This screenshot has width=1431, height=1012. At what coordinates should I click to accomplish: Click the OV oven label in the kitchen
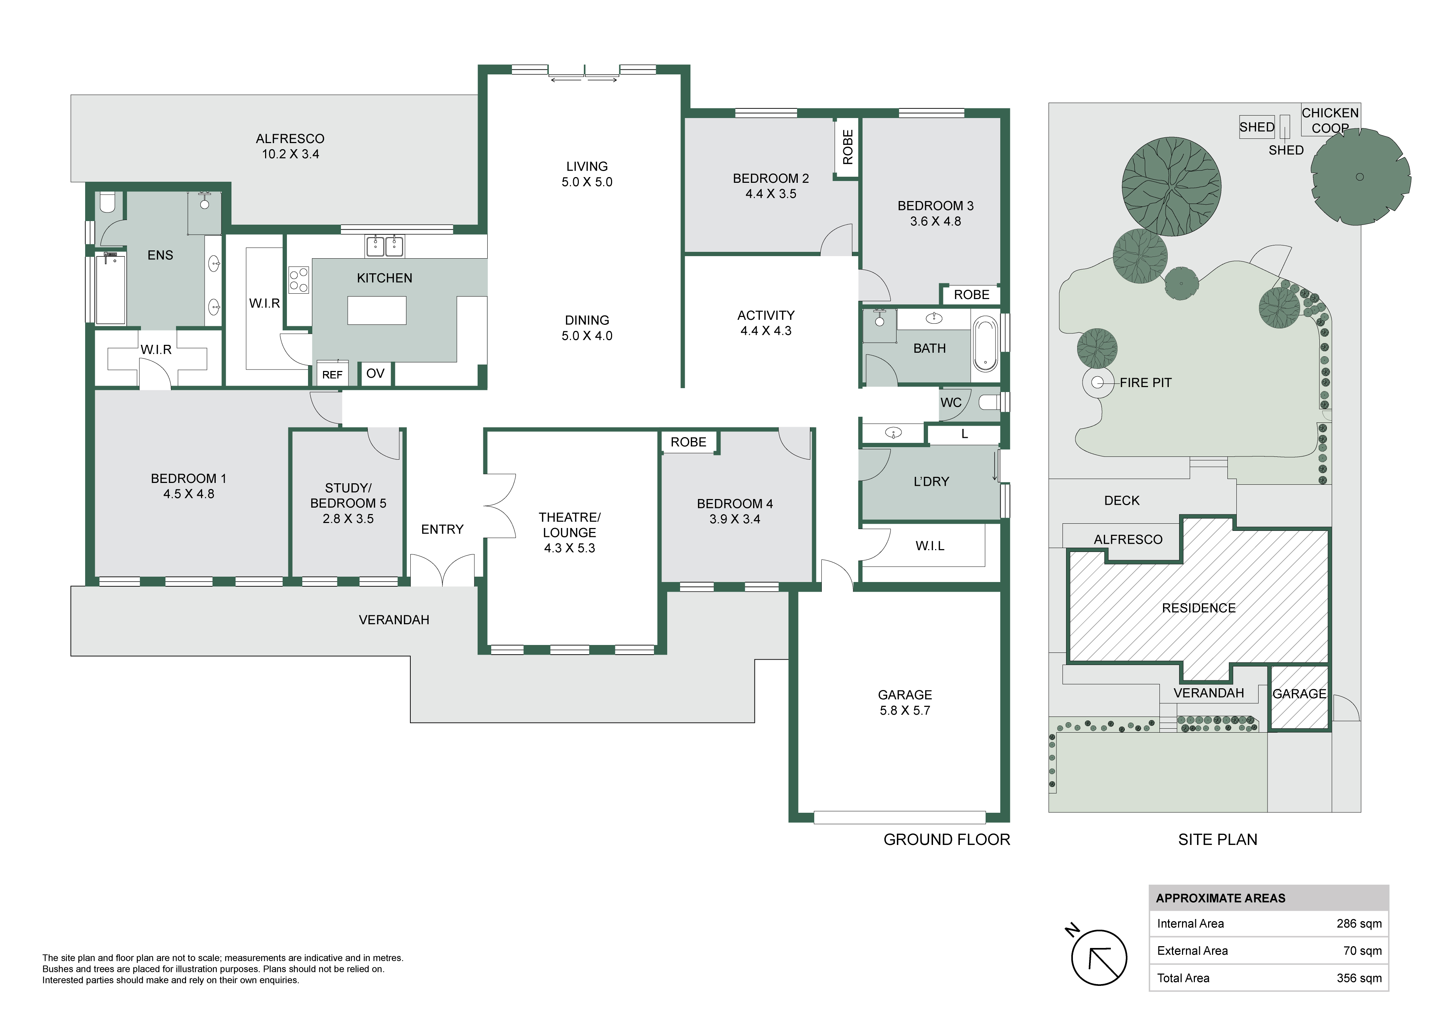pyautogui.click(x=375, y=373)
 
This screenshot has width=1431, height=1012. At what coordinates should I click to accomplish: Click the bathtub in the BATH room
pyautogui.click(x=985, y=344)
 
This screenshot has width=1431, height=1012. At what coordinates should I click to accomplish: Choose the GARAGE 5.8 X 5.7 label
pyautogui.click(x=905, y=702)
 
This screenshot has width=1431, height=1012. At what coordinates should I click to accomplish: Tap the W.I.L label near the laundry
pyautogui.click(x=930, y=546)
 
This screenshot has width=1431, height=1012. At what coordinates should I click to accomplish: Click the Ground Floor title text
pyautogui.click(x=947, y=839)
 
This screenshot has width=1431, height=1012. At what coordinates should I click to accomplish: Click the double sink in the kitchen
pyautogui.click(x=385, y=246)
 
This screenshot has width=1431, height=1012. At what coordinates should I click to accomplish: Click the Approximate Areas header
pyautogui.click(x=1220, y=898)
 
